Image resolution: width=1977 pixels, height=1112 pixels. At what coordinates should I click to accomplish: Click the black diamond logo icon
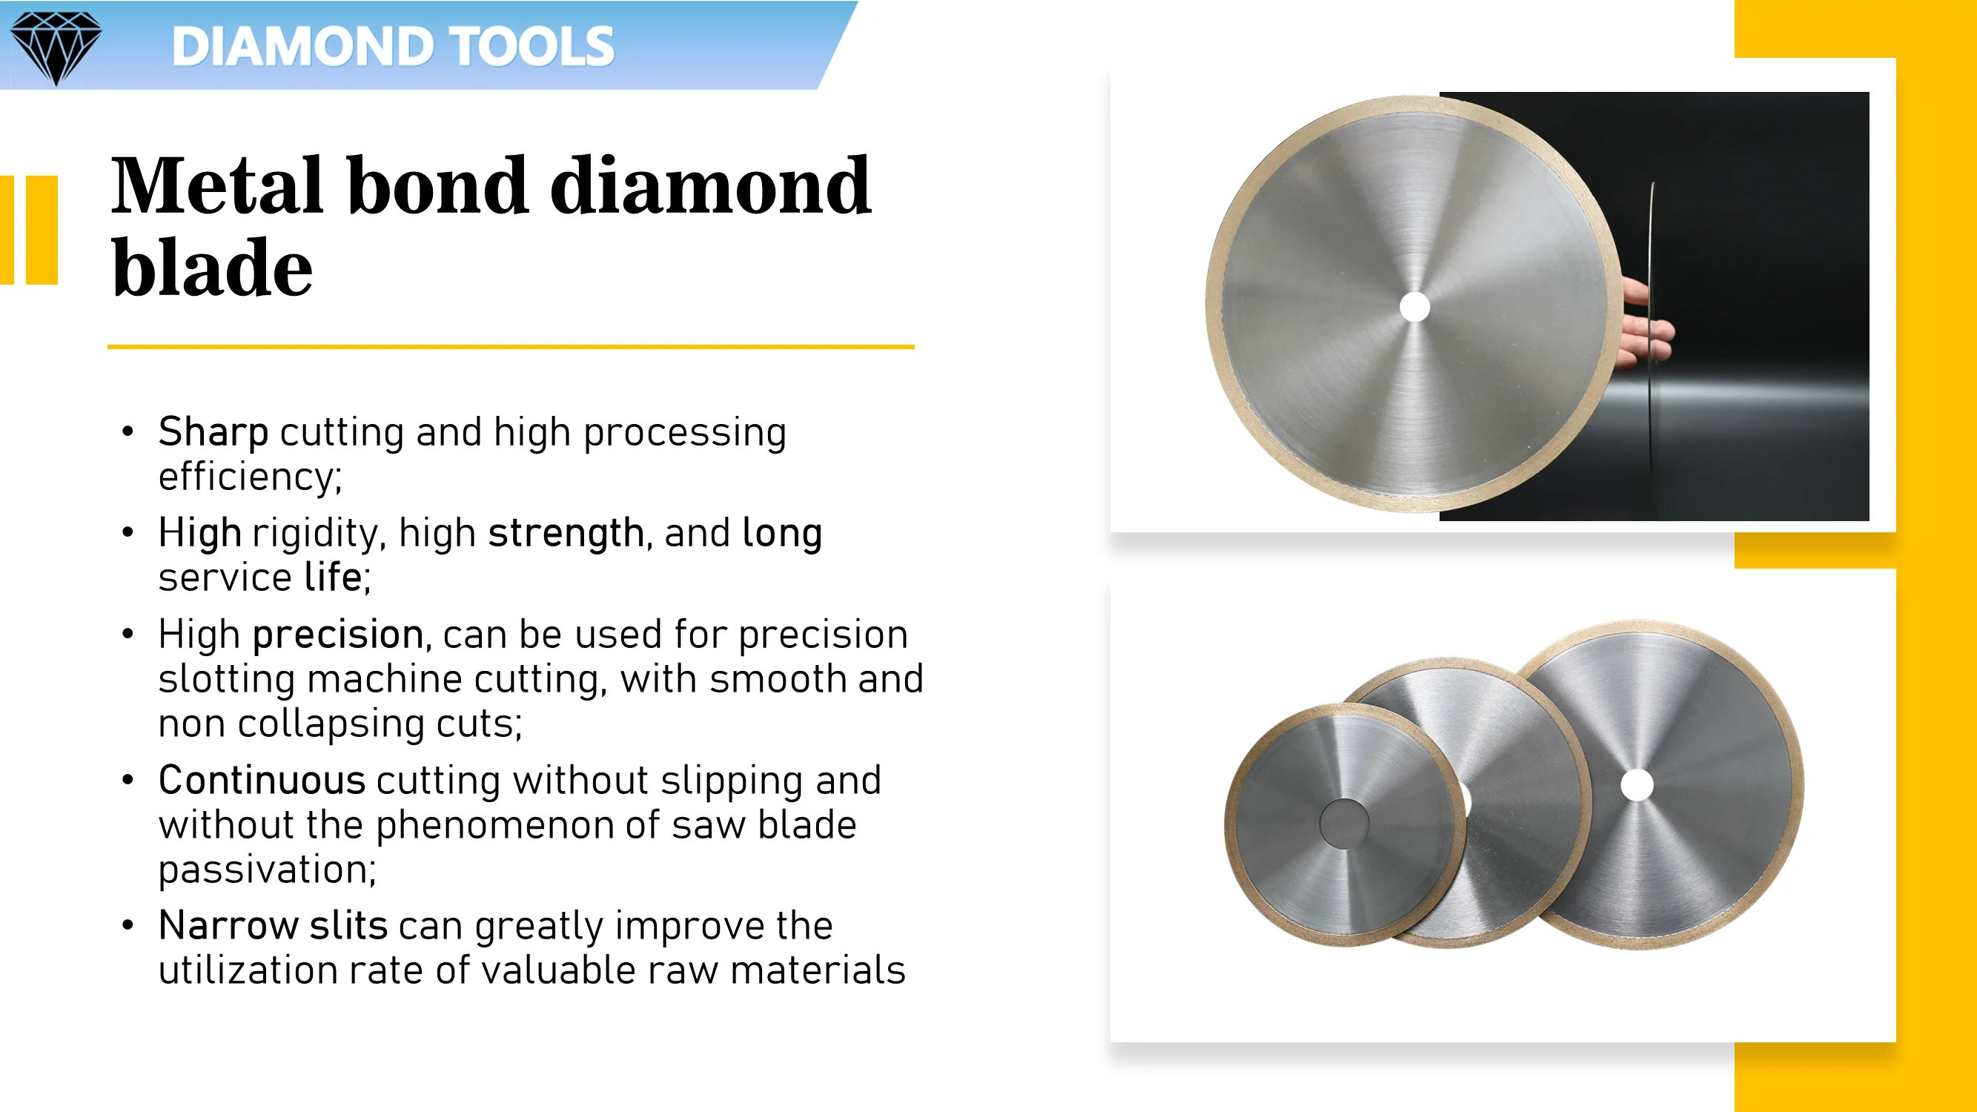pyautogui.click(x=56, y=46)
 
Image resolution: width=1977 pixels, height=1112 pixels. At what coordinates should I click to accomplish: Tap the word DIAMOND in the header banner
pyautogui.click(x=302, y=46)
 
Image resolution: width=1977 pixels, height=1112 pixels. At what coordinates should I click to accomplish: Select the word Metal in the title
pyautogui.click(x=217, y=186)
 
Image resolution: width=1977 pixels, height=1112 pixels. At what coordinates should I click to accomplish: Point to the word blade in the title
pyautogui.click(x=212, y=268)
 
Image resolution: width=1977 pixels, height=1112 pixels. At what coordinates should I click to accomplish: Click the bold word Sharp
pyautogui.click(x=213, y=432)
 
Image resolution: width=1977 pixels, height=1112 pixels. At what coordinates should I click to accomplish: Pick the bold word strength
pyautogui.click(x=566, y=532)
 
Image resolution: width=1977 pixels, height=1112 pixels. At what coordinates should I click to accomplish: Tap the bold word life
pyautogui.click(x=332, y=577)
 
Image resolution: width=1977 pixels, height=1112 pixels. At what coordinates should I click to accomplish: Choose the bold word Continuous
pyautogui.click(x=262, y=781)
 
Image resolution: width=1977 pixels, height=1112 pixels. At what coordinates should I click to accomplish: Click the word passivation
pyautogui.click(x=265, y=870)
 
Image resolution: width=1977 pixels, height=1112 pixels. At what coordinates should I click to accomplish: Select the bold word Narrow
pyautogui.click(x=228, y=925)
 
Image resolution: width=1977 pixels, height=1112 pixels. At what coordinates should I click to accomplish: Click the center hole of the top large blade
pyautogui.click(x=1414, y=307)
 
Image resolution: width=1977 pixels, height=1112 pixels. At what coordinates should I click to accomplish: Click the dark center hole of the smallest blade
pyautogui.click(x=1344, y=824)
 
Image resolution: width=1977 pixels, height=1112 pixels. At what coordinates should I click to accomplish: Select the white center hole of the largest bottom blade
pyautogui.click(x=1636, y=784)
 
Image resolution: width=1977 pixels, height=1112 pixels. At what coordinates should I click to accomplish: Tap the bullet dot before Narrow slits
pyautogui.click(x=128, y=925)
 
